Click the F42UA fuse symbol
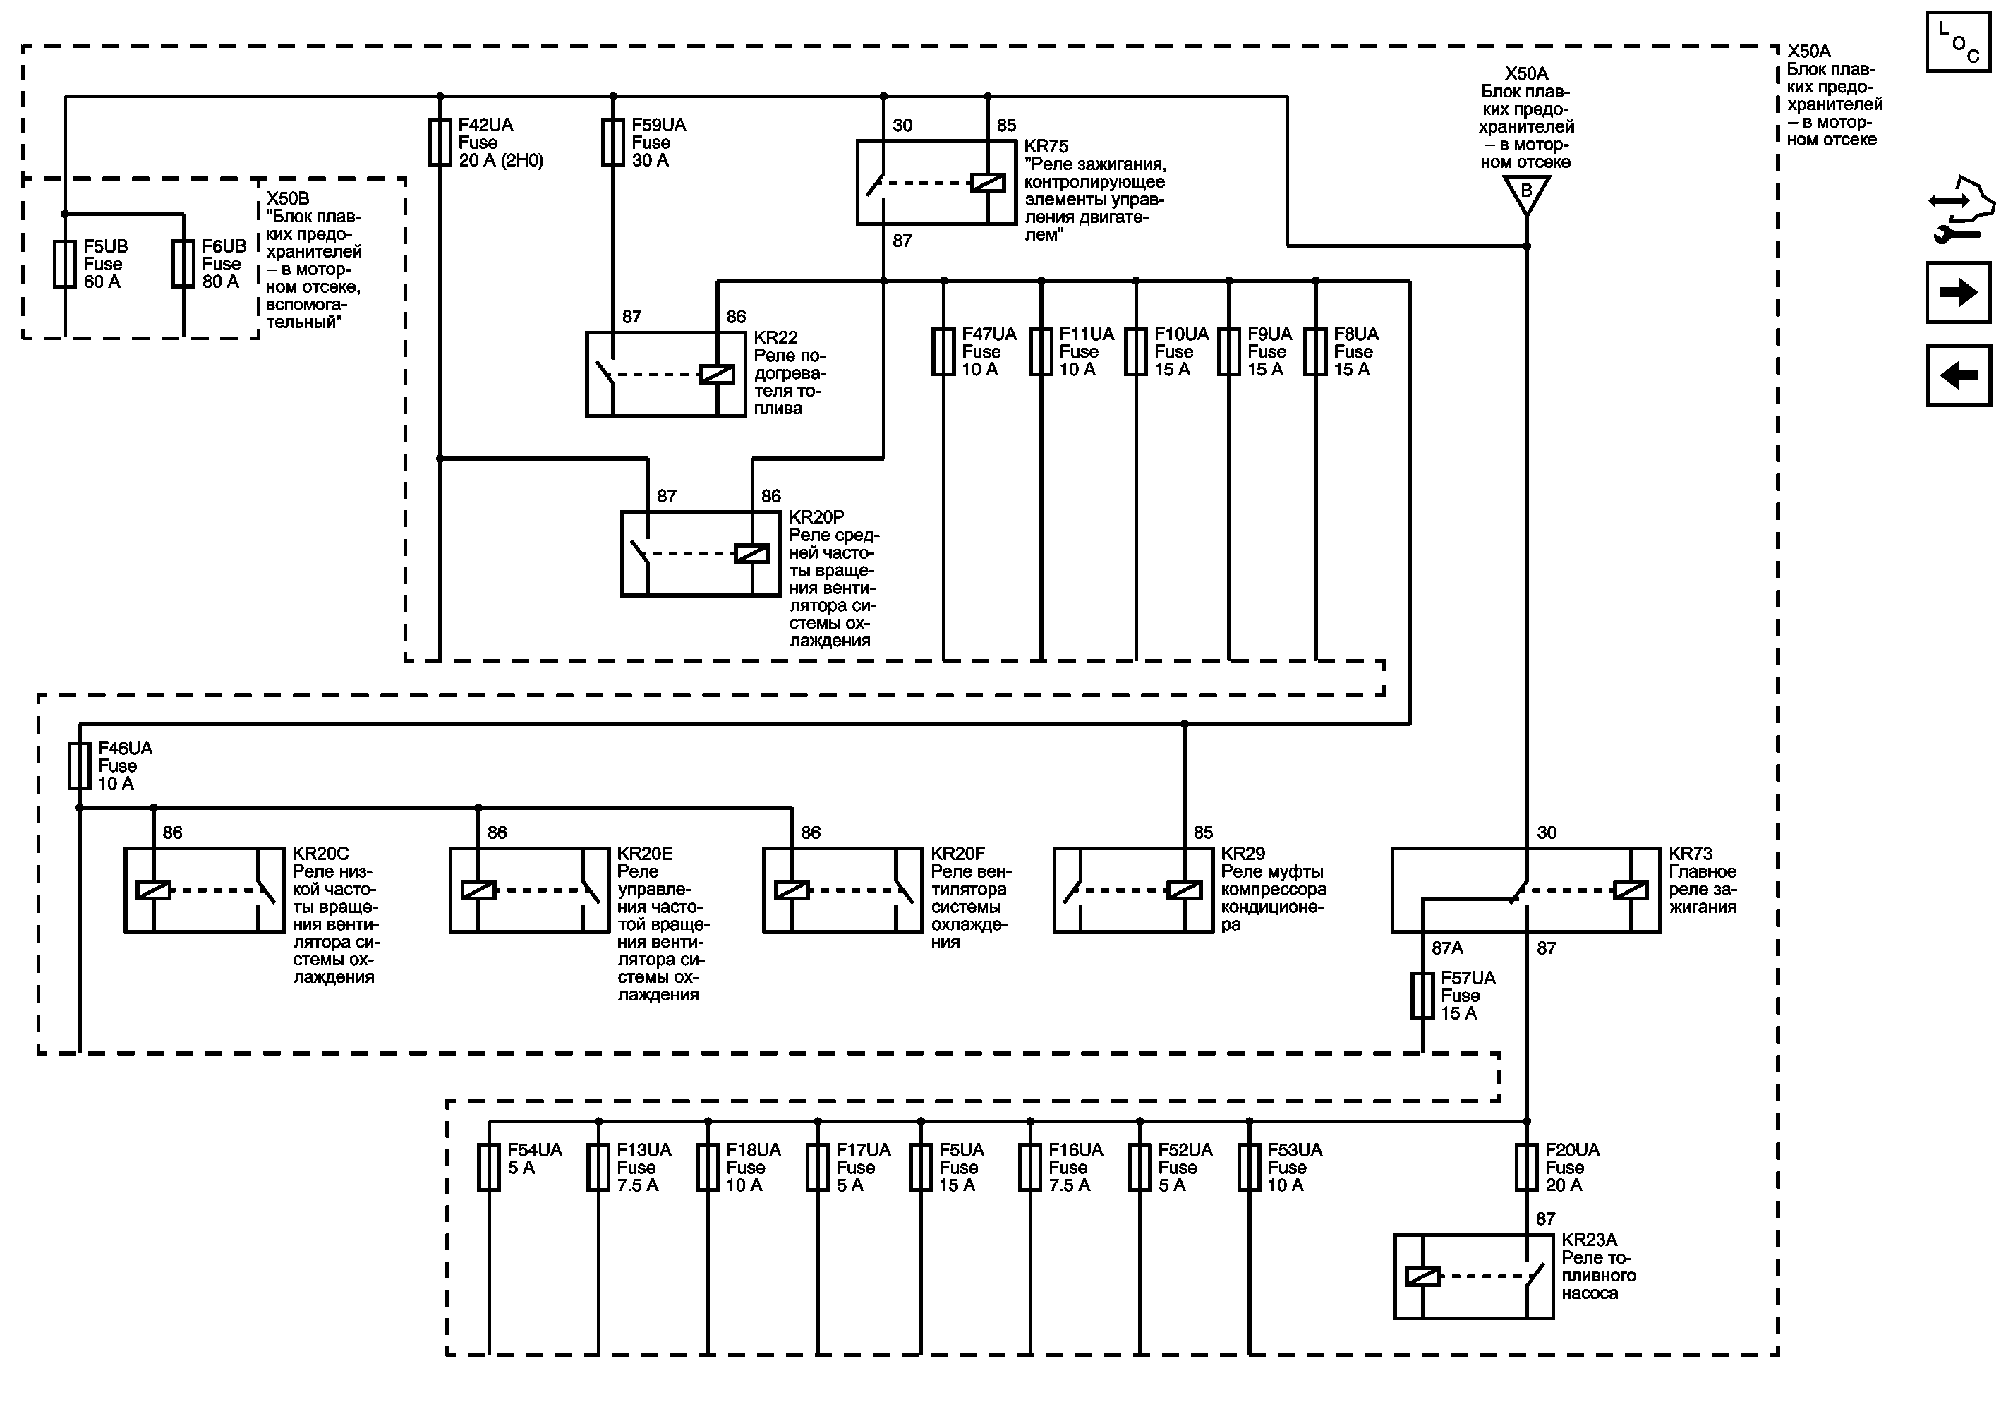pyautogui.click(x=440, y=143)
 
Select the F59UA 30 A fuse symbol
pyautogui.click(x=612, y=143)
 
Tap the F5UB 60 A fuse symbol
pyautogui.click(x=64, y=264)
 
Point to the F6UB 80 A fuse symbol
pyautogui.click(x=183, y=264)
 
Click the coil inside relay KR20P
pyautogui.click(x=752, y=553)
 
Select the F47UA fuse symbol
pyautogui.click(x=944, y=352)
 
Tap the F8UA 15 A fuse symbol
pyautogui.click(x=1316, y=352)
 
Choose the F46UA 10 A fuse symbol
pyautogui.click(x=79, y=766)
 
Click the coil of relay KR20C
pyautogui.click(x=153, y=890)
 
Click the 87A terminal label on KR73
pyautogui.click(x=1446, y=948)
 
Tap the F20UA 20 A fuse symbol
pyautogui.click(x=1527, y=1168)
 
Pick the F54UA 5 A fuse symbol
pyautogui.click(x=489, y=1168)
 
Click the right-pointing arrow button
pyautogui.click(x=1958, y=292)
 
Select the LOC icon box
pyautogui.click(x=1958, y=42)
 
